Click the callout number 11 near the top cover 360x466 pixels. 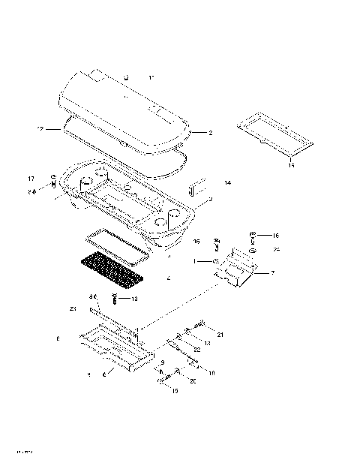[x=151, y=78]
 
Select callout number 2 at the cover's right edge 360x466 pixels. [x=210, y=133]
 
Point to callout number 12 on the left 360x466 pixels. [x=40, y=129]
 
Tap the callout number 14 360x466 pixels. [x=227, y=182]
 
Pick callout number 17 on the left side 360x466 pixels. [x=31, y=178]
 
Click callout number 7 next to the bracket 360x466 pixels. [x=272, y=274]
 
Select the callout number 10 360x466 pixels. [x=134, y=299]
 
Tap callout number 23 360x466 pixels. [x=73, y=308]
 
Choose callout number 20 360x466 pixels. [x=193, y=380]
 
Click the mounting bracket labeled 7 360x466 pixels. [x=238, y=269]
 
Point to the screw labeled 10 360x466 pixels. [x=115, y=299]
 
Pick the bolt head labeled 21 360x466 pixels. [x=202, y=324]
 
